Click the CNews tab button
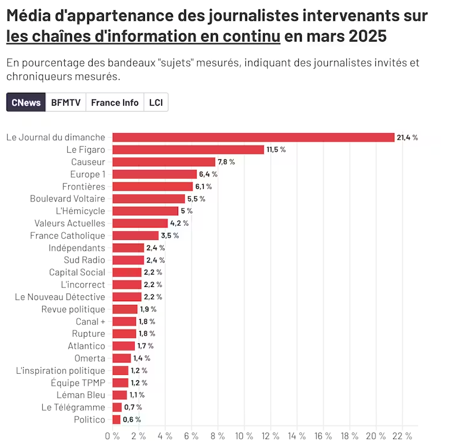coord(26,102)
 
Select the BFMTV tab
coord(65,102)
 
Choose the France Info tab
coord(115,102)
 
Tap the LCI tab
coord(156,102)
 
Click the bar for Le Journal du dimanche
coord(253,137)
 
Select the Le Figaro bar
coord(188,150)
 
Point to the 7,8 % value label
coord(226,162)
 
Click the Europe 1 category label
coord(87,174)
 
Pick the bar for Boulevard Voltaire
coord(148,198)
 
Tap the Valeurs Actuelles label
coord(69,223)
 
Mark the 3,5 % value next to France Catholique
coord(169,236)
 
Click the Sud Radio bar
coord(128,260)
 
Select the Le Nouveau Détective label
coord(60,297)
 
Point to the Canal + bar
coord(124,321)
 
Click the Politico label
coord(90,420)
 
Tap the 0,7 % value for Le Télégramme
coord(133,408)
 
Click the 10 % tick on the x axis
coord(244,436)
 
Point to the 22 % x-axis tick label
coord(402,436)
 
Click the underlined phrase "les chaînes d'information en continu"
coord(143,36)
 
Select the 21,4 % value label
coord(407,137)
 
